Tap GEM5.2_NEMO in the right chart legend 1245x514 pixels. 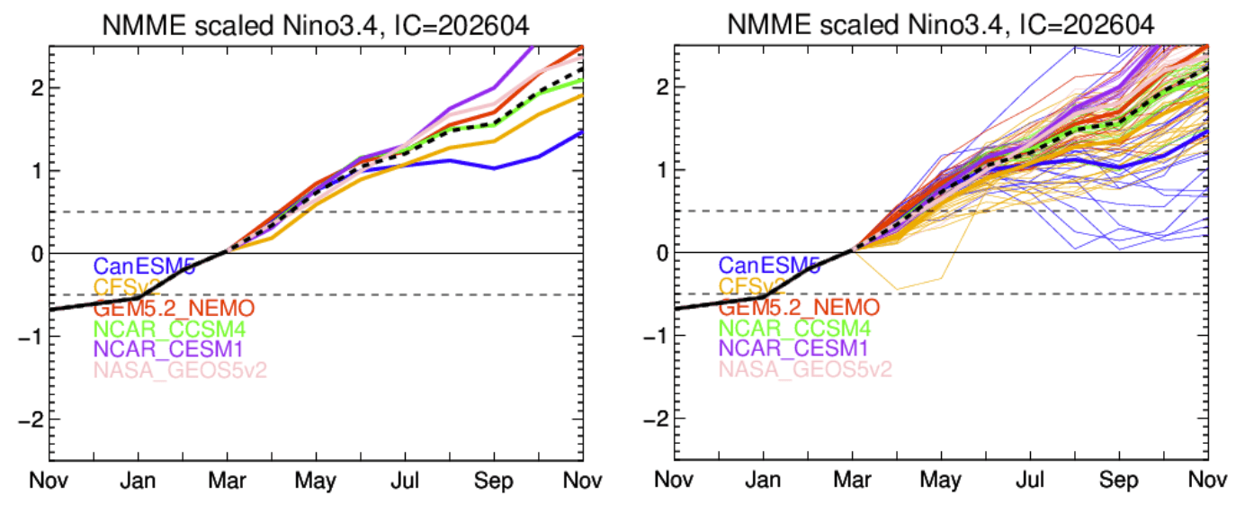[x=799, y=308]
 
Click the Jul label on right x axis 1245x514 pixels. [x=1027, y=479]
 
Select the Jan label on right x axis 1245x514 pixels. [x=763, y=479]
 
